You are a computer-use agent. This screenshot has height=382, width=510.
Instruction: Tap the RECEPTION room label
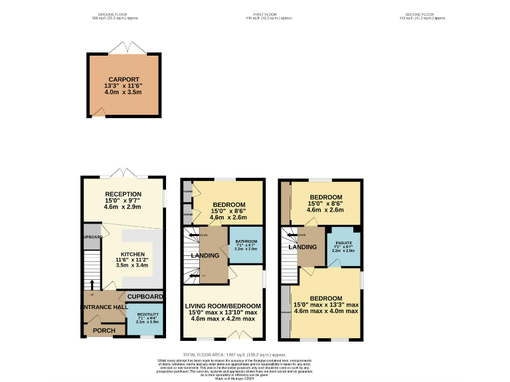click(x=122, y=194)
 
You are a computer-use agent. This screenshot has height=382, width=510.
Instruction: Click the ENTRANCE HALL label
click(x=104, y=306)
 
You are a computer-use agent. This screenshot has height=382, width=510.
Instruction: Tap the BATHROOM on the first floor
click(x=246, y=243)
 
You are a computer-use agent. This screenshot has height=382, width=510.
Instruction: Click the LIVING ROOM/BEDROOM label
click(x=224, y=306)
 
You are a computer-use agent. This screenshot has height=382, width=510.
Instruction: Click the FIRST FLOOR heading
click(x=264, y=15)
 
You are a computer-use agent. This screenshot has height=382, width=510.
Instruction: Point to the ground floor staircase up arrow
click(x=92, y=286)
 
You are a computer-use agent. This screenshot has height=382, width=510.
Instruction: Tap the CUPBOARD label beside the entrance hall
click(x=145, y=296)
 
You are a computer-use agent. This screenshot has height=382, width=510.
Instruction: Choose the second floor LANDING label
click(x=302, y=247)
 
